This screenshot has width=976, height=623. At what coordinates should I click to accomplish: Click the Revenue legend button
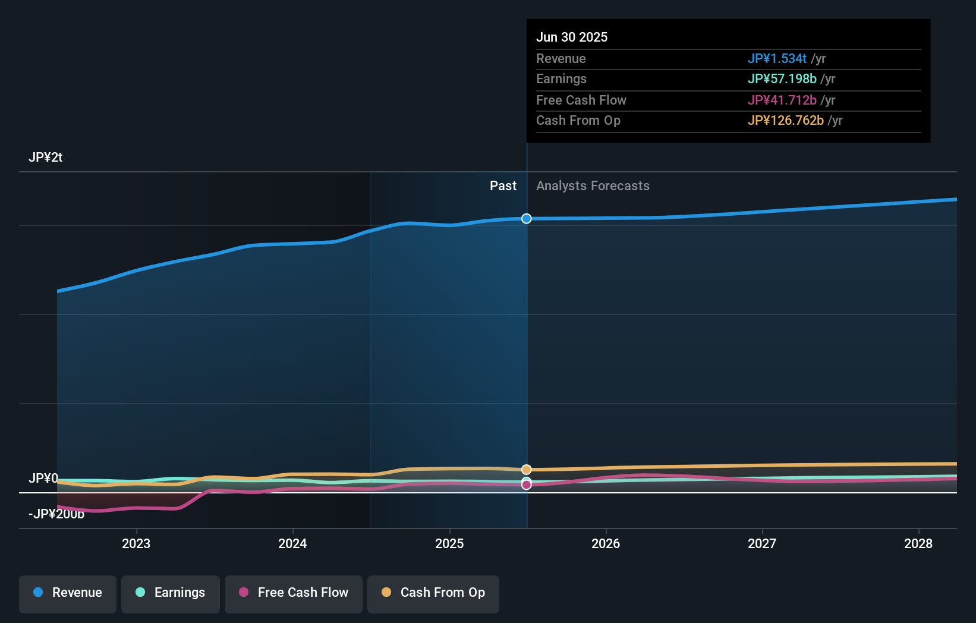pos(68,593)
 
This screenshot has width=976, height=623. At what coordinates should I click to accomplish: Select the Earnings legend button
pos(171,593)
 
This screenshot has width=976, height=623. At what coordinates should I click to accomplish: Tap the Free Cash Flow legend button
pos(294,593)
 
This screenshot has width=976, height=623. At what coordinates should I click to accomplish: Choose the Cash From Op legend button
pos(433,593)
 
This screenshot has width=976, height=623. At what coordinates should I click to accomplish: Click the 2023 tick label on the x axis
pos(136,543)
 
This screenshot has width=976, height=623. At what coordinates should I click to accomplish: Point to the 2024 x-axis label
pos(292,543)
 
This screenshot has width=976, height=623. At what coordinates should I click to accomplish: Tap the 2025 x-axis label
pos(449,543)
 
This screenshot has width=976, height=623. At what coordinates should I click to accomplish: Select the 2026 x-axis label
pos(606,543)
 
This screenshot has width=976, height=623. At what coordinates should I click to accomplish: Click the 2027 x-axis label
pos(762,543)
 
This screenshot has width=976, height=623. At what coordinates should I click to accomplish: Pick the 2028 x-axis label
pos(918,543)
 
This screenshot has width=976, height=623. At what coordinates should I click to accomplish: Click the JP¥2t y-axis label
pos(45,158)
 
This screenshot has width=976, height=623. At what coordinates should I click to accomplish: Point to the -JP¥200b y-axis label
pos(56,514)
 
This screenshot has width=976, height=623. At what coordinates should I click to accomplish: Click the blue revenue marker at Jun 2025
pos(527,219)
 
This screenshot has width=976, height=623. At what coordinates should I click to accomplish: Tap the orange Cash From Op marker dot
pos(527,470)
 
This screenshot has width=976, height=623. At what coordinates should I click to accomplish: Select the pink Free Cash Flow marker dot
pos(527,485)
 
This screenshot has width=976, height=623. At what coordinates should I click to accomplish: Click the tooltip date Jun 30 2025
pos(572,37)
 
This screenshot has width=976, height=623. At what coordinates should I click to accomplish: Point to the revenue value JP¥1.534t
pos(777,58)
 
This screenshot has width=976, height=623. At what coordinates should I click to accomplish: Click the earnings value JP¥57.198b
pos(782,78)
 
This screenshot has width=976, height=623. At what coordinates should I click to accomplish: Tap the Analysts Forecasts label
pos(593,186)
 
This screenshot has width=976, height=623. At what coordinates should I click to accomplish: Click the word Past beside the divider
pos(503,186)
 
